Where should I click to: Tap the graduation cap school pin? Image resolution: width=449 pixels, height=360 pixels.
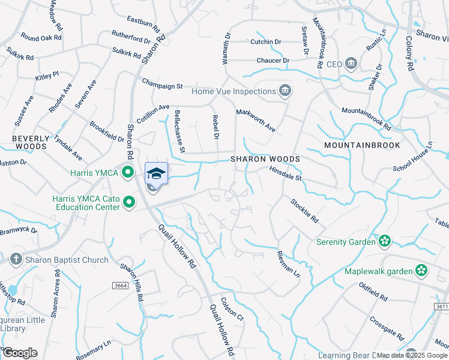(156, 173)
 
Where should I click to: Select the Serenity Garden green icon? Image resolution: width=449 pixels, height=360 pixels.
(385, 242)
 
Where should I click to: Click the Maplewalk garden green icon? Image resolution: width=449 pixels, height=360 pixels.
(422, 271)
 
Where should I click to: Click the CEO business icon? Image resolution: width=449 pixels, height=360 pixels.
(352, 64)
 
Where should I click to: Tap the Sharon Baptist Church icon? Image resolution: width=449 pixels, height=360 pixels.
(16, 260)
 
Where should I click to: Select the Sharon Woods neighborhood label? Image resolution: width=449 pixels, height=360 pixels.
(265, 159)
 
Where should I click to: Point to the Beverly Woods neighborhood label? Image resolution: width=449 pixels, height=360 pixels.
(30, 142)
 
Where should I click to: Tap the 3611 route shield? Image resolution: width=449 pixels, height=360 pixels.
(441, 306)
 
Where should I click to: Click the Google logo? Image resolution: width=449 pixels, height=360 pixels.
(20, 353)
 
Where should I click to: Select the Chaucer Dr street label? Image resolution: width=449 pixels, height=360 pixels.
(273, 61)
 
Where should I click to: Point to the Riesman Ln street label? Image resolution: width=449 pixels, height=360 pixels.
(288, 262)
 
